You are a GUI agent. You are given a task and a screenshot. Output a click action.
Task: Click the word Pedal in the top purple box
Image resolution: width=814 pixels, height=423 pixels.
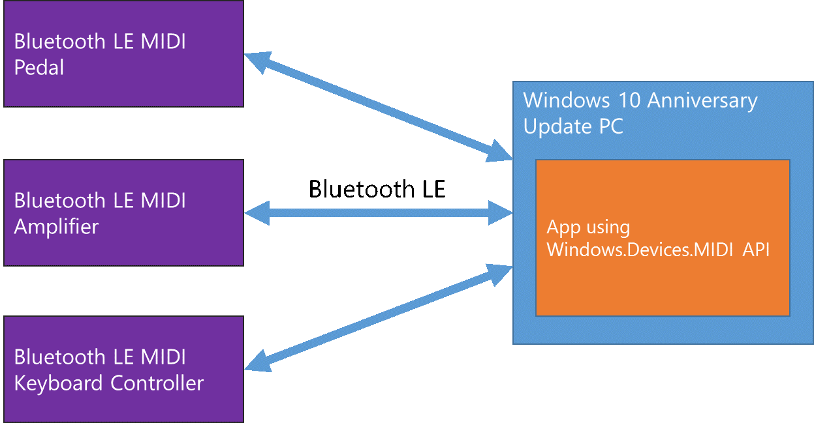(x=39, y=67)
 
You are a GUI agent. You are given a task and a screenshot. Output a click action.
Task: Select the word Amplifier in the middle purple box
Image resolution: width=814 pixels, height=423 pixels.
(x=56, y=227)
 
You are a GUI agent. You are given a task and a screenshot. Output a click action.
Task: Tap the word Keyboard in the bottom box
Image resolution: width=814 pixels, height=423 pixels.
(x=59, y=383)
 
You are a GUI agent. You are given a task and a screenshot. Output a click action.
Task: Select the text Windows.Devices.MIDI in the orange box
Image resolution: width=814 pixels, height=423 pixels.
(x=642, y=250)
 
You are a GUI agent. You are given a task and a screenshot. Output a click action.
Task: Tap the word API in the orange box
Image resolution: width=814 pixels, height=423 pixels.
(x=757, y=250)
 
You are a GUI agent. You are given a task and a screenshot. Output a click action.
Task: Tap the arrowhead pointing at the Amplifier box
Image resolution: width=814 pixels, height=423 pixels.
(x=256, y=212)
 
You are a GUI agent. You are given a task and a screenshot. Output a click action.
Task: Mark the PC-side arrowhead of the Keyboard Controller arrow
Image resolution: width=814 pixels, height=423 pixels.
(x=499, y=272)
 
